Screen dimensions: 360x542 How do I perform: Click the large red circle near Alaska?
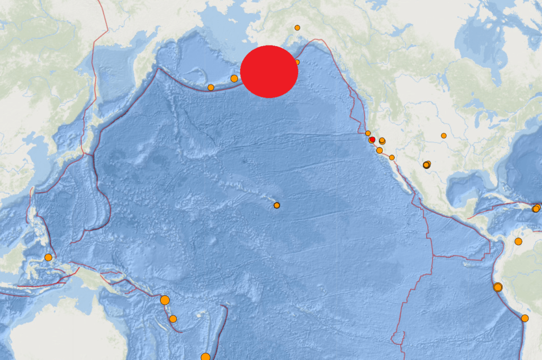pyautogui.click(x=269, y=71)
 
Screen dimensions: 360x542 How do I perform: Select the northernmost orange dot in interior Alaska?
pyautogui.click(x=297, y=28)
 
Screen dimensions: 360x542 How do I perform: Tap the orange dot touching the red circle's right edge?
pyautogui.click(x=297, y=62)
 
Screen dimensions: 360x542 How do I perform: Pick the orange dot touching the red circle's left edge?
pyautogui.click(x=234, y=78)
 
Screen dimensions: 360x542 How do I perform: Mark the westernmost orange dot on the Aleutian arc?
pyautogui.click(x=211, y=87)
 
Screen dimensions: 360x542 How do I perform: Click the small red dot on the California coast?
pyautogui.click(x=372, y=139)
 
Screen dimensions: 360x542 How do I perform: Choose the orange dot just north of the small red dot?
pyautogui.click(x=368, y=133)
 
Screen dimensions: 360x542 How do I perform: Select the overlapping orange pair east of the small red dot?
pyautogui.click(x=382, y=141)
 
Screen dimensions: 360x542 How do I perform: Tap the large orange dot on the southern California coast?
pyautogui.click(x=380, y=150)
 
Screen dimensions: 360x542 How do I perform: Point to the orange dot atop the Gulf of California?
pyautogui.click(x=392, y=157)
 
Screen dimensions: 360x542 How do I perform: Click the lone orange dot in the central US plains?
pyautogui.click(x=444, y=136)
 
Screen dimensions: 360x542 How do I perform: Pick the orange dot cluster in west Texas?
pyautogui.click(x=427, y=165)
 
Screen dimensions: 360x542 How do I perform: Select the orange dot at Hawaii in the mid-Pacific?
pyautogui.click(x=276, y=205)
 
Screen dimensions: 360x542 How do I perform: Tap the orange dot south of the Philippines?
pyautogui.click(x=48, y=257)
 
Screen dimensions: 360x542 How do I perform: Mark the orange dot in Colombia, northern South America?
pyautogui.click(x=518, y=241)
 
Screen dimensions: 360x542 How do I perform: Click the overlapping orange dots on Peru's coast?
pyautogui.click(x=498, y=287)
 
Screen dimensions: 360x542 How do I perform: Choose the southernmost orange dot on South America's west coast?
pyautogui.click(x=525, y=318)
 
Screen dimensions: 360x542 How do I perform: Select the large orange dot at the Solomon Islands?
pyautogui.click(x=165, y=300)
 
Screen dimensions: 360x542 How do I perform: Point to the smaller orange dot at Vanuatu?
pyautogui.click(x=173, y=319)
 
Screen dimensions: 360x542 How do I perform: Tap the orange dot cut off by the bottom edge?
pyautogui.click(x=205, y=357)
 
